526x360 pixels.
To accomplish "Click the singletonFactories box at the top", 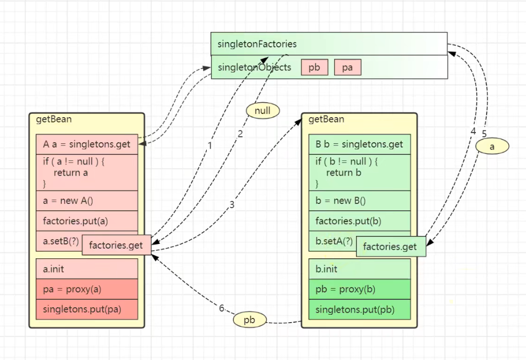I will coord(329,44).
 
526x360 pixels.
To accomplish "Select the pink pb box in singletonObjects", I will coord(314,68).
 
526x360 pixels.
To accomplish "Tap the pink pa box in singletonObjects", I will coord(347,68).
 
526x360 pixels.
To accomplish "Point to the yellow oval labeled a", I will coord(492,146).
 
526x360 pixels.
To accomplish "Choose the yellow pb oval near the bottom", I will coord(249,320).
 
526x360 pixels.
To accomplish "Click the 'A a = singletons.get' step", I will coord(87,144).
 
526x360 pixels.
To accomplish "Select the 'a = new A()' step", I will coord(87,201).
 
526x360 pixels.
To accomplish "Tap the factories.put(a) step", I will coord(87,221).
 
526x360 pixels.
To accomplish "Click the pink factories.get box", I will coord(116,245).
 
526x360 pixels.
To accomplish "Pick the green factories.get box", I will coord(390,247).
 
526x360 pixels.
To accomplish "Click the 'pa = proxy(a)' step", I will coord(87,289).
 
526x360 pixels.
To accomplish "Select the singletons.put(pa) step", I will coord(87,309).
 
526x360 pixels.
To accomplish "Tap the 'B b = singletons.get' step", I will coord(360,144).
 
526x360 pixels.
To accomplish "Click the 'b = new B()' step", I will coord(360,201).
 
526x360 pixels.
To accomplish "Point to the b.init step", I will coord(360,269).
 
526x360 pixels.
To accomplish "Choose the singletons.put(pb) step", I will coord(360,309).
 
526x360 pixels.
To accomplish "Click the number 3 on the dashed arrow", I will coord(232,204).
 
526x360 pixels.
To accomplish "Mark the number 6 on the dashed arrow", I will coord(222,308).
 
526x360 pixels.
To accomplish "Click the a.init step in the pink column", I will coord(87,269).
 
